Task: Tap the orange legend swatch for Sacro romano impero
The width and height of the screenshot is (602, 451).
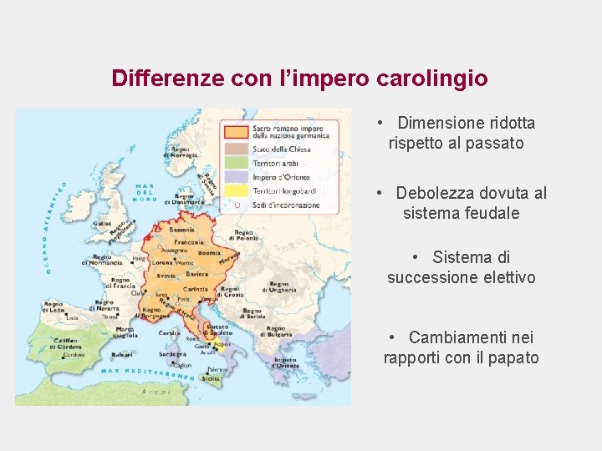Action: click(235, 131)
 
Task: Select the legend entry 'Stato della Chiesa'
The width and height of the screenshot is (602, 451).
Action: click(282, 149)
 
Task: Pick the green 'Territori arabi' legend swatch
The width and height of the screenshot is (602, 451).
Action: click(235, 164)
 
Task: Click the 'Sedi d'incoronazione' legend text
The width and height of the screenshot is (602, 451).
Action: click(286, 205)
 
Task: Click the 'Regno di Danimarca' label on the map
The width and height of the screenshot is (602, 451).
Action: click(185, 198)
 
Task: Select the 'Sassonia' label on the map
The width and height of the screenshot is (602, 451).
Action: click(181, 228)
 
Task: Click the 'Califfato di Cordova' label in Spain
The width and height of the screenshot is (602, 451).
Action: click(68, 343)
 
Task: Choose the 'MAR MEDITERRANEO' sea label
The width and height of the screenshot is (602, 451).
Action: click(147, 372)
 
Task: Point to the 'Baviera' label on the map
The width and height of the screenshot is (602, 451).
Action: click(197, 274)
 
